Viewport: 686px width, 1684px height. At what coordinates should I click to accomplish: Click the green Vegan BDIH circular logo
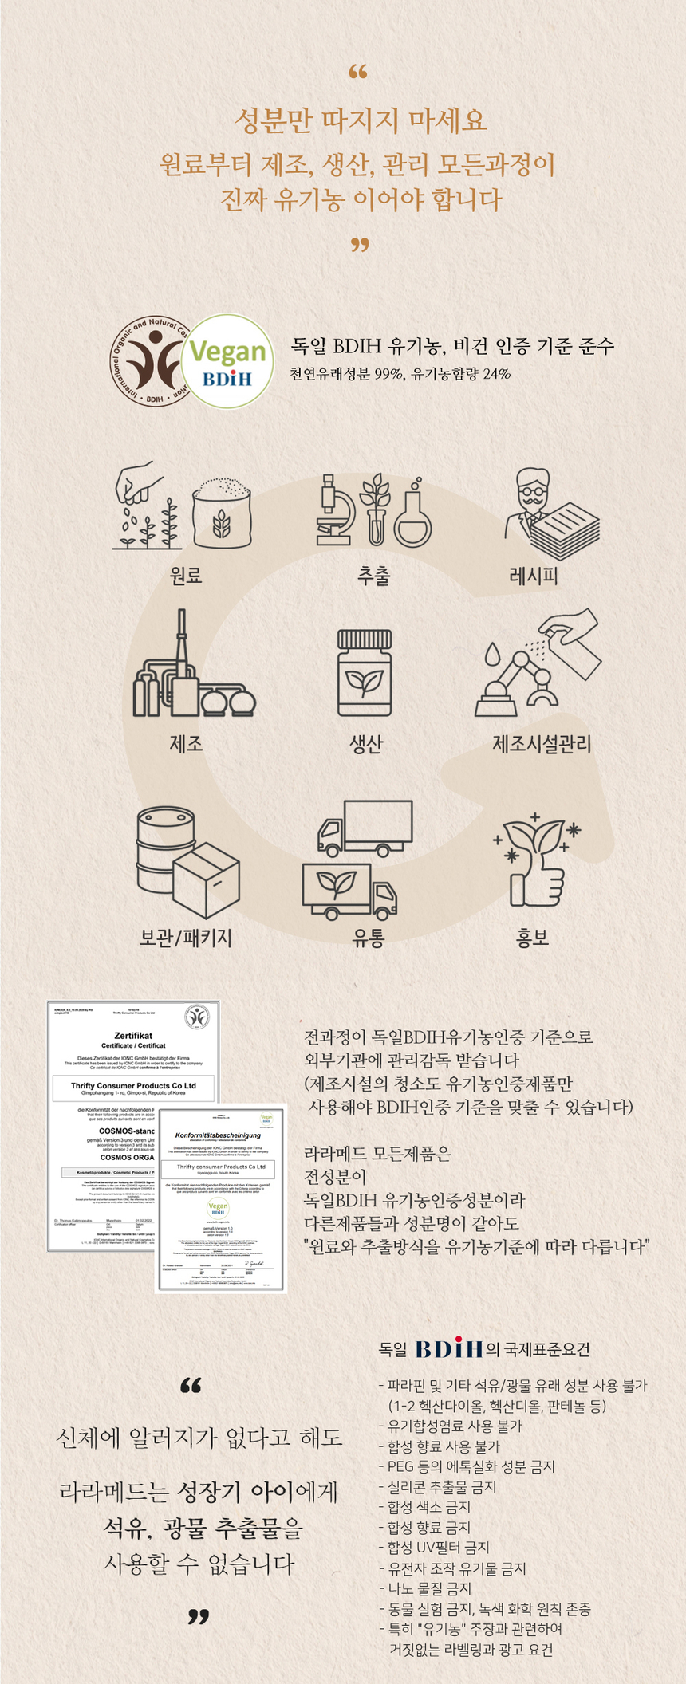pos(227,362)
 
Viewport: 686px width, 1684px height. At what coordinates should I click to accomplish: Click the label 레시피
pos(533,576)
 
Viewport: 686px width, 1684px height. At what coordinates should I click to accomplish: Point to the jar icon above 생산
pos(364,674)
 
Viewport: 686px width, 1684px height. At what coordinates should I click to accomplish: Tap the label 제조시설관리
pos(542,744)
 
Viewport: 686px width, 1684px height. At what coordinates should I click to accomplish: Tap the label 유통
pos(368,938)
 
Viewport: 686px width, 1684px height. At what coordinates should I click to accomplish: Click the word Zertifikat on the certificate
pos(133,1036)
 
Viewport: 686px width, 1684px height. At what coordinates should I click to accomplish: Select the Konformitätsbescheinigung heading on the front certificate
pos(218,1135)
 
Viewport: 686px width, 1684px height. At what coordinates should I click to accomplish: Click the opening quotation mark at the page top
pos(358,73)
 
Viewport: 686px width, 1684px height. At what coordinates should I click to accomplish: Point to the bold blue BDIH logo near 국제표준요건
pos(449,1349)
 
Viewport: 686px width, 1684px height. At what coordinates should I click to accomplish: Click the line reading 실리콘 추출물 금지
pos(441,1487)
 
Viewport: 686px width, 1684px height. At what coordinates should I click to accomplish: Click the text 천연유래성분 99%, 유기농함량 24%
pos(400,374)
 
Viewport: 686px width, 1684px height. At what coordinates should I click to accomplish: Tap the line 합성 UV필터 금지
pos(438,1548)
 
